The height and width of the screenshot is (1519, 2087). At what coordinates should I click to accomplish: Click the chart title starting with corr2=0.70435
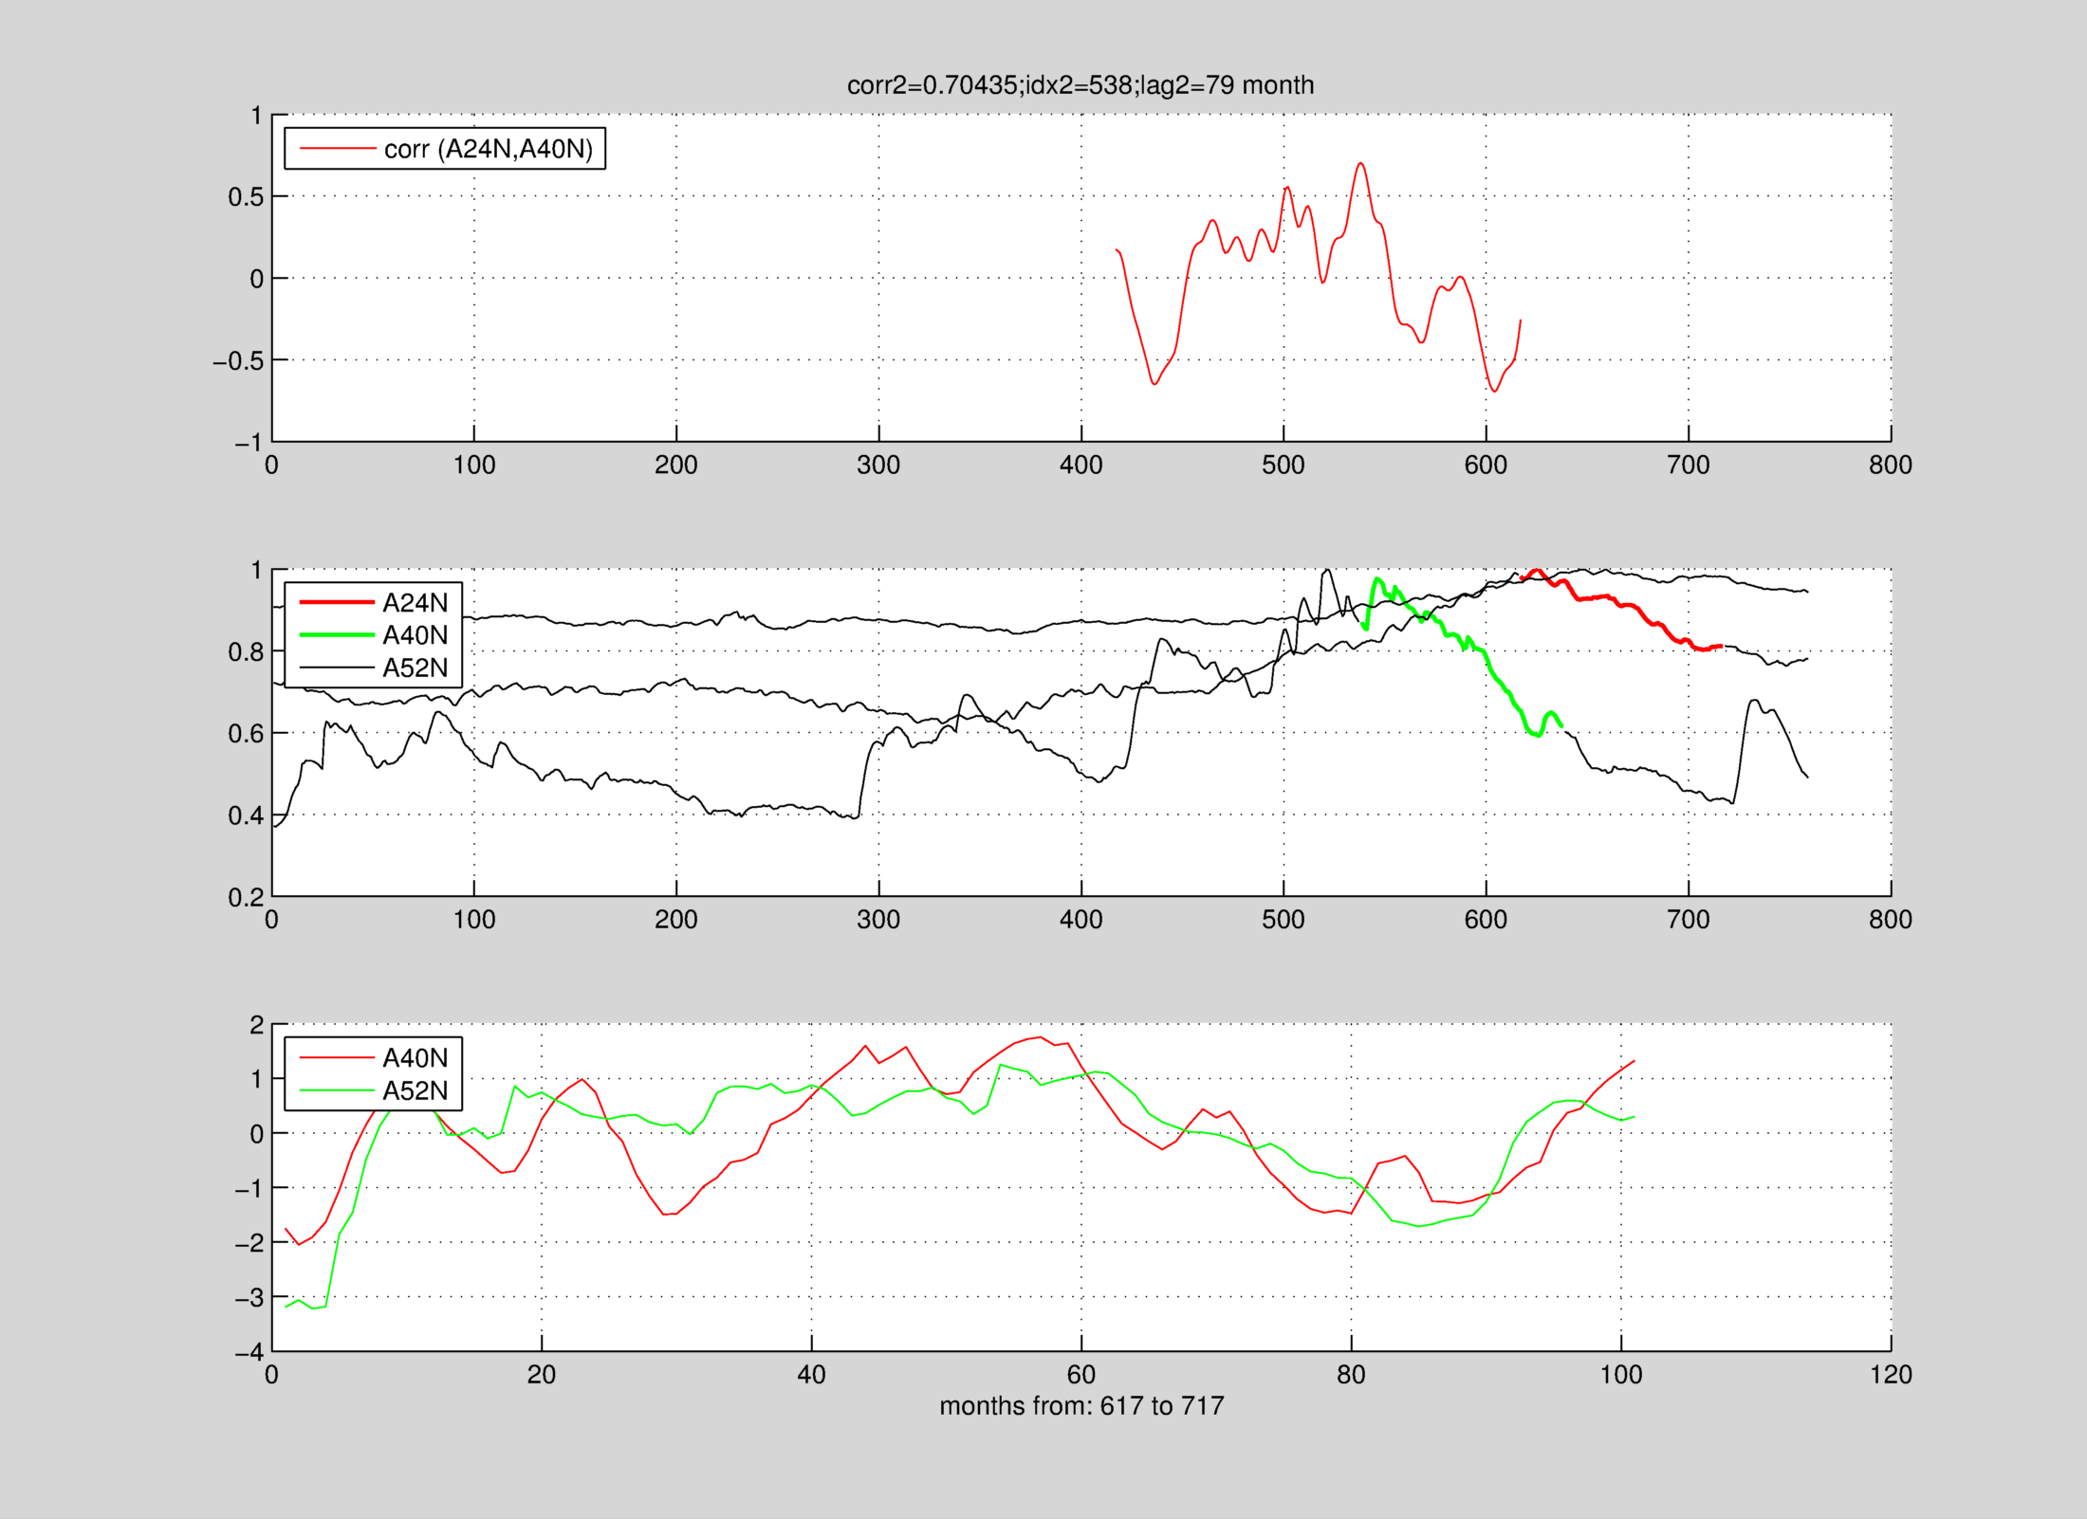1080,85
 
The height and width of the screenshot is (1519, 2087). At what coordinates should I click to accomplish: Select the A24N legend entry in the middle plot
415,602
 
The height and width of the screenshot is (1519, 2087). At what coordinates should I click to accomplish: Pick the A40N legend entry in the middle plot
415,635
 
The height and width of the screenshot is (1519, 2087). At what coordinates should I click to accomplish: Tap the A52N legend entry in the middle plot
415,668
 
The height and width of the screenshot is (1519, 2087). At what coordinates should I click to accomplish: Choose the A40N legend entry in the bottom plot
415,1057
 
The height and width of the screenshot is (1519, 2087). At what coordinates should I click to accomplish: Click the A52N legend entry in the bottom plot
415,1090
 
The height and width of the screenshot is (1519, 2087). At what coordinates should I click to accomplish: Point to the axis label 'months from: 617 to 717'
1081,1405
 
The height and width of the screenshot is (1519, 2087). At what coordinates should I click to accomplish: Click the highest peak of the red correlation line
1361,164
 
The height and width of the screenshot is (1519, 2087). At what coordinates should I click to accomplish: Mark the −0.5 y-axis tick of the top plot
237,361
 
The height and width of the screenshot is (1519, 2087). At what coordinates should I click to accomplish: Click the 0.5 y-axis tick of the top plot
245,197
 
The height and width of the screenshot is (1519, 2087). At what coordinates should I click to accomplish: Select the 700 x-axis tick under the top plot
1689,465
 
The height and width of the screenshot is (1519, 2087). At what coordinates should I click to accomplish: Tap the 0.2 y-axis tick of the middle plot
245,897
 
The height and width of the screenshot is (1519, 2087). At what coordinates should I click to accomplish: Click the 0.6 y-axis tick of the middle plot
245,734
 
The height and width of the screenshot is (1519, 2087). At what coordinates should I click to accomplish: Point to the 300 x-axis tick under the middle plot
878,919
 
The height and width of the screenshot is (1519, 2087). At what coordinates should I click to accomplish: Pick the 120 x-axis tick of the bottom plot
1891,1374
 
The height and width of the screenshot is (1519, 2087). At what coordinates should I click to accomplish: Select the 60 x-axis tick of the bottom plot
1081,1374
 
